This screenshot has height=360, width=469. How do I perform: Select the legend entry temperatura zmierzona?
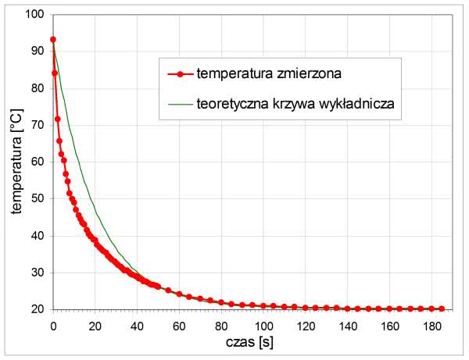[268, 74]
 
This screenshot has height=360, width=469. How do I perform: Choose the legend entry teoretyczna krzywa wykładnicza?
[299, 102]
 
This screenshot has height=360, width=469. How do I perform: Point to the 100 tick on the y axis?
[34, 14]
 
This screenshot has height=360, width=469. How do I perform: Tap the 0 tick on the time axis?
[52, 323]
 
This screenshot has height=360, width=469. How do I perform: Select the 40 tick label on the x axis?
[137, 323]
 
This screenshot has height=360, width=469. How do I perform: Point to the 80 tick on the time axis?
[221, 323]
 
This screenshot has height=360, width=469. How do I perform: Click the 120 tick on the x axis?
[305, 323]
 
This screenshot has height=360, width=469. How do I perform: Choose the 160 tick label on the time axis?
[389, 323]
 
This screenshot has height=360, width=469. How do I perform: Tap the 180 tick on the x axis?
[431, 323]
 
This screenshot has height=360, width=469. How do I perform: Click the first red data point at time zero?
[52, 39]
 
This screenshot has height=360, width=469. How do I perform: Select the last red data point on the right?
[442, 308]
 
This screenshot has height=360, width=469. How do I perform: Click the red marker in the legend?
[180, 74]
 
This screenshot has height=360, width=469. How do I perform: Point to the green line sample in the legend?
[180, 102]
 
